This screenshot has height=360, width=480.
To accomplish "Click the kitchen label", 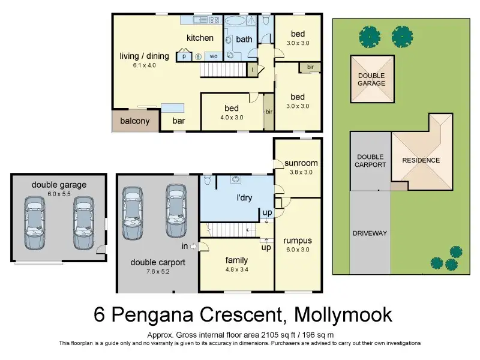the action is point(200,38).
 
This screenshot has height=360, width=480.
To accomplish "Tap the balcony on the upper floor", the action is point(136,121).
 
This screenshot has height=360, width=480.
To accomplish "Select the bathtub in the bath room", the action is point(235,20).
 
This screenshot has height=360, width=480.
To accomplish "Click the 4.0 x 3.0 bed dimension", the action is point(232,118).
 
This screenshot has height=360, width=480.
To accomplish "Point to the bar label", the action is point(179,121).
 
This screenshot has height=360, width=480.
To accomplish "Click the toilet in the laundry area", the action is point(208,179).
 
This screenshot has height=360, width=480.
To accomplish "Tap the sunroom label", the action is point(301,163).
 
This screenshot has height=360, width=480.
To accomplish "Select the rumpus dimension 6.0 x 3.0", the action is point(298,250).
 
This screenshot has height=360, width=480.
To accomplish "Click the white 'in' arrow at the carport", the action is point(193,246).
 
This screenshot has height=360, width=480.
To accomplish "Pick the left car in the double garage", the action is point(35,223).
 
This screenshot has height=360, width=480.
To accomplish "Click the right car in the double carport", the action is point(176,211).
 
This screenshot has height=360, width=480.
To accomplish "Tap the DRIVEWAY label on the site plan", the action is point(370,233).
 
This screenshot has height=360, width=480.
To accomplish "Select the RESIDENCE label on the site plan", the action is point(421,160).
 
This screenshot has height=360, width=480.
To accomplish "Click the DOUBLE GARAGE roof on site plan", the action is point(372,79).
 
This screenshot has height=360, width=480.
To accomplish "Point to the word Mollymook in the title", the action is point(343,314).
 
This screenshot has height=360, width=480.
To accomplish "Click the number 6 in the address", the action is point(99,314).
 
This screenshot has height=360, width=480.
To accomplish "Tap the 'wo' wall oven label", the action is point(214,56).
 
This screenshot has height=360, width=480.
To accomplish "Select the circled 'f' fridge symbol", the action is point(199,56).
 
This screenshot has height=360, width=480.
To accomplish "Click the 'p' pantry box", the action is point(184,56).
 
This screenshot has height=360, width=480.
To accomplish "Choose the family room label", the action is point(236,260).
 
